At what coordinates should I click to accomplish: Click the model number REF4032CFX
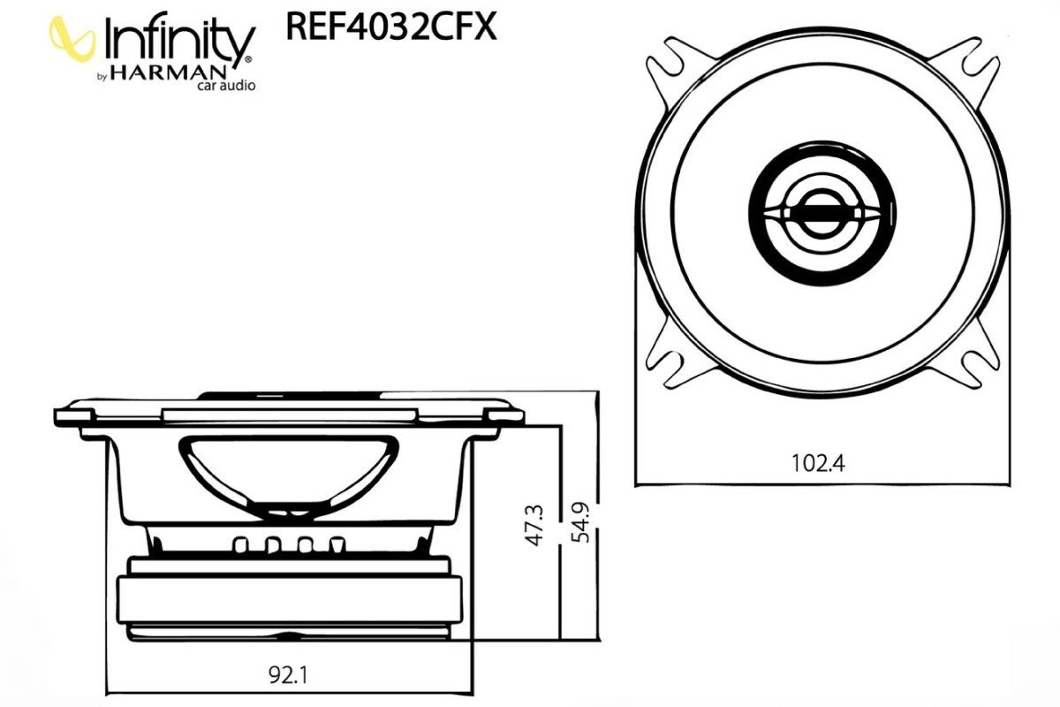tap(391, 27)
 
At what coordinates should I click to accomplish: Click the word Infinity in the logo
tap(178, 42)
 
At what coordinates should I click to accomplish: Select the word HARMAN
tap(169, 73)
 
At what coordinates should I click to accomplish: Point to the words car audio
tap(226, 86)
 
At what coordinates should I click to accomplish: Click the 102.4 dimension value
tap(818, 463)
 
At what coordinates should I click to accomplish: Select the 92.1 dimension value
tap(288, 675)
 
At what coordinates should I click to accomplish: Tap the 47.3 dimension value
tap(535, 526)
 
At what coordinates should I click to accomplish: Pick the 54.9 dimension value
tap(580, 522)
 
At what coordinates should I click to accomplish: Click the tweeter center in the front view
tap(822, 213)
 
